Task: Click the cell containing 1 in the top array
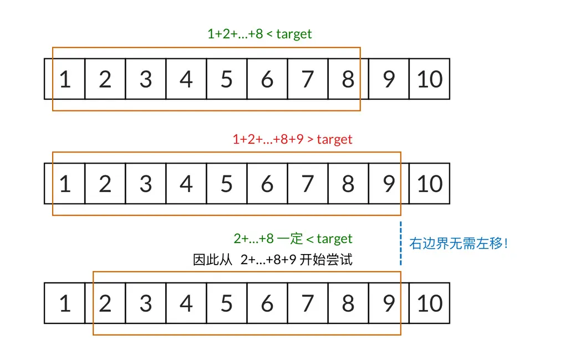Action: pyautogui.click(x=65, y=79)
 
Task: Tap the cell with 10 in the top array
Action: pyautogui.click(x=430, y=79)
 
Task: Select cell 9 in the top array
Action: pyautogui.click(x=389, y=79)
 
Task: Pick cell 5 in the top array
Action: pyautogui.click(x=227, y=79)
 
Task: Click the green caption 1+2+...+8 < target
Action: pyautogui.click(x=259, y=34)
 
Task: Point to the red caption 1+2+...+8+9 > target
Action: pyautogui.click(x=292, y=139)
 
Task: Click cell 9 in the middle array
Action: pyautogui.click(x=389, y=184)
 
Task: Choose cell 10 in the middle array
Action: pyautogui.click(x=430, y=184)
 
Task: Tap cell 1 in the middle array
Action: pyautogui.click(x=65, y=184)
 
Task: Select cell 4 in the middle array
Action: pyautogui.click(x=186, y=184)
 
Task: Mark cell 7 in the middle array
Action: pyautogui.click(x=308, y=184)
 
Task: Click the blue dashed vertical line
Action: pyautogui.click(x=400, y=243)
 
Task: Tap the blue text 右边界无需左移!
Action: pyautogui.click(x=459, y=243)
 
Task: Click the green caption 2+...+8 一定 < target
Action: pyautogui.click(x=293, y=239)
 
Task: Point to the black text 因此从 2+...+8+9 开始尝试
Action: pyautogui.click(x=273, y=260)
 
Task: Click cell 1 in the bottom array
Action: pyautogui.click(x=65, y=303)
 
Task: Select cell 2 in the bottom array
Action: pyautogui.click(x=105, y=303)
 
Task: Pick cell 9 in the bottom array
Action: pyautogui.click(x=389, y=303)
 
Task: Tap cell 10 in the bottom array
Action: pyautogui.click(x=430, y=303)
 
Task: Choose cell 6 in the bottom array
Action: pyautogui.click(x=267, y=303)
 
